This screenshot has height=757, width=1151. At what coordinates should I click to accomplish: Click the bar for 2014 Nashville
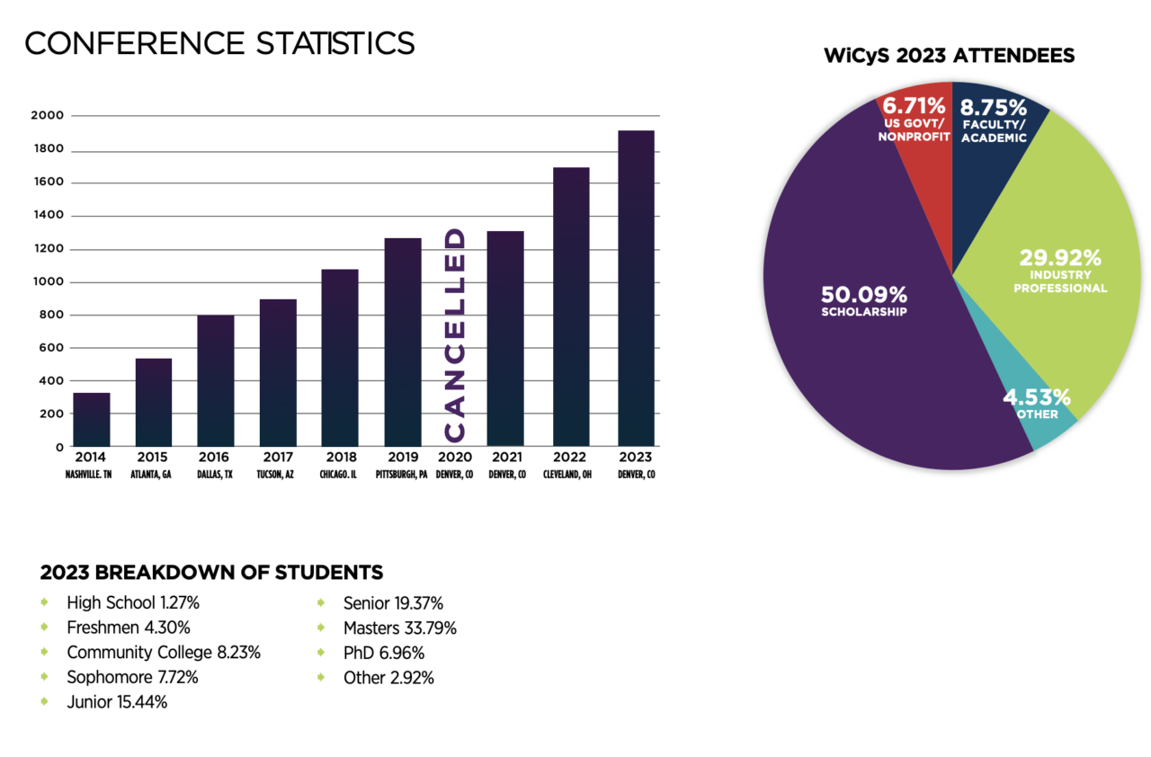[x=91, y=420]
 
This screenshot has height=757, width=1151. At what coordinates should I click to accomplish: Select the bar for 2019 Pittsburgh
[x=403, y=343]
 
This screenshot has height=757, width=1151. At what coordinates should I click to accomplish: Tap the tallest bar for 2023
[x=636, y=289]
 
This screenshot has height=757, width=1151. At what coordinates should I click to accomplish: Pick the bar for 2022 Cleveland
[x=571, y=307]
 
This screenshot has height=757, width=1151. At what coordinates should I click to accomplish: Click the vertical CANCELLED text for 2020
[x=456, y=335]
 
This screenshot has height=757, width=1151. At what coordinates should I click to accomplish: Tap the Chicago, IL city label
[x=340, y=474]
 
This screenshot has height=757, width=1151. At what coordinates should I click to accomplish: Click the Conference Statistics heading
[x=219, y=42]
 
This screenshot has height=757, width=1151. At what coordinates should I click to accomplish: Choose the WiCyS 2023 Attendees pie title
[x=950, y=56]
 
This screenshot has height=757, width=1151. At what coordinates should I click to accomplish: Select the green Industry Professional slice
[x=1061, y=270]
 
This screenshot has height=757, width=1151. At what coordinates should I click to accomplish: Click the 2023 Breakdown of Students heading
[x=211, y=573]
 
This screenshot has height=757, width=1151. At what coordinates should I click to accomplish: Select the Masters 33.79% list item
[x=399, y=628]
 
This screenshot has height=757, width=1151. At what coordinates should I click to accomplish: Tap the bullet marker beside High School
[x=44, y=602]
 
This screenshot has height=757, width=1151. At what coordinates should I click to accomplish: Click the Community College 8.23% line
[x=163, y=653]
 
